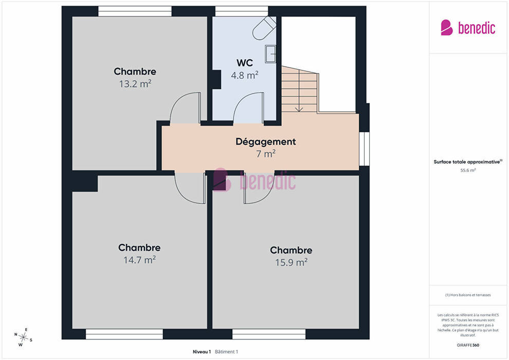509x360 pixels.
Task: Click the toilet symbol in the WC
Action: click(x=264, y=28)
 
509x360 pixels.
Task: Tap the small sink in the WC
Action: click(x=270, y=54)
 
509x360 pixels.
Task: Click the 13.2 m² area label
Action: click(x=135, y=84)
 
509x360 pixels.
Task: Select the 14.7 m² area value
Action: click(x=139, y=260)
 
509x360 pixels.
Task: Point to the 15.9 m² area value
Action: click(x=291, y=262)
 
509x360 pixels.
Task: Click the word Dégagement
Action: click(x=265, y=141)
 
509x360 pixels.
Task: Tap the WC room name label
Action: click(x=245, y=63)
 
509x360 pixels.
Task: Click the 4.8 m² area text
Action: click(x=245, y=75)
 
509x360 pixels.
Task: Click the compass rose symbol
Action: click(x=23, y=337)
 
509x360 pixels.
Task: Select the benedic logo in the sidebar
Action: click(x=468, y=28)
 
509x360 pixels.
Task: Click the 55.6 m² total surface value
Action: click(x=468, y=170)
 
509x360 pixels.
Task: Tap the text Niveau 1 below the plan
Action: click(x=202, y=352)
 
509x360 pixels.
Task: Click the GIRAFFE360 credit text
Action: click(x=468, y=345)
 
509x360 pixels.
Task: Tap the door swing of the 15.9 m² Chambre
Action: click(x=259, y=188)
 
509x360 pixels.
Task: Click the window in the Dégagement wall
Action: click(x=364, y=149)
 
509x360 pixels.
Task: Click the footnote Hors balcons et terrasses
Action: click(x=468, y=295)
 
